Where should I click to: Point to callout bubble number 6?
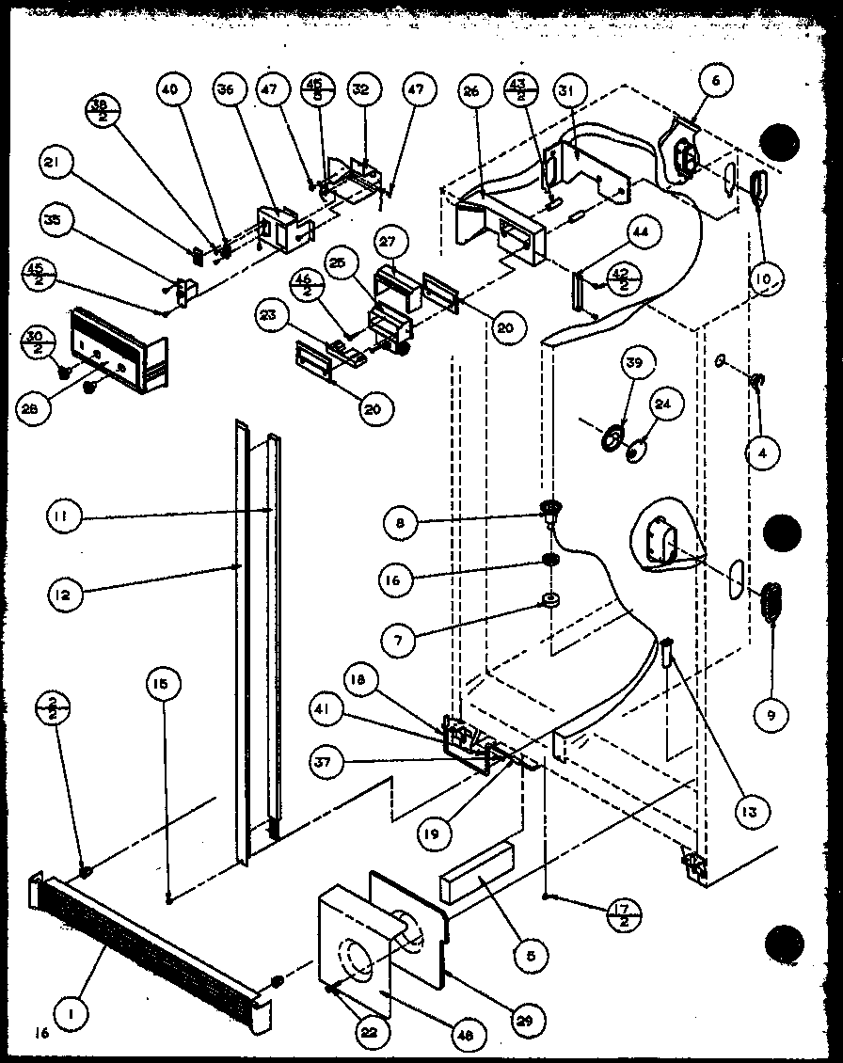coord(715,82)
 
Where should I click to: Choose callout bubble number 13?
coord(752,809)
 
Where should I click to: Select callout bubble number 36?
coord(224,89)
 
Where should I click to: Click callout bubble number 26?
coord(472,91)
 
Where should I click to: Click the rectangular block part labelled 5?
coord(476,874)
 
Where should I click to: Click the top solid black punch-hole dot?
coord(780,144)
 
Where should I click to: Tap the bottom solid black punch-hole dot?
coord(785,942)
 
